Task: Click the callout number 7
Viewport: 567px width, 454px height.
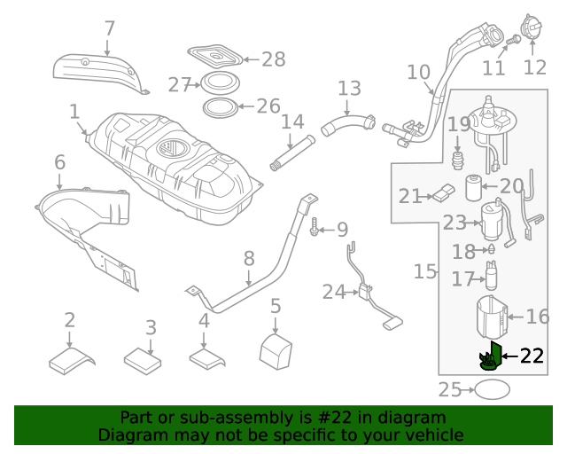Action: pyautogui.click(x=109, y=28)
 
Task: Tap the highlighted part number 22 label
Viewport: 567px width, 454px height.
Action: pyautogui.click(x=532, y=356)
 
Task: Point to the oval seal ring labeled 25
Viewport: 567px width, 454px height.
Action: pyautogui.click(x=493, y=389)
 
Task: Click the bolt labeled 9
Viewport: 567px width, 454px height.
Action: pyautogui.click(x=315, y=230)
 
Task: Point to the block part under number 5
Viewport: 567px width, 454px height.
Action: pyautogui.click(x=276, y=348)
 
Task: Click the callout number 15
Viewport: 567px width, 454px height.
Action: pyautogui.click(x=425, y=271)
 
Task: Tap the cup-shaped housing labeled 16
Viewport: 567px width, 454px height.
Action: pyautogui.click(x=493, y=317)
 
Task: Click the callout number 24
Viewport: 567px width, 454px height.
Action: pyautogui.click(x=333, y=291)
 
